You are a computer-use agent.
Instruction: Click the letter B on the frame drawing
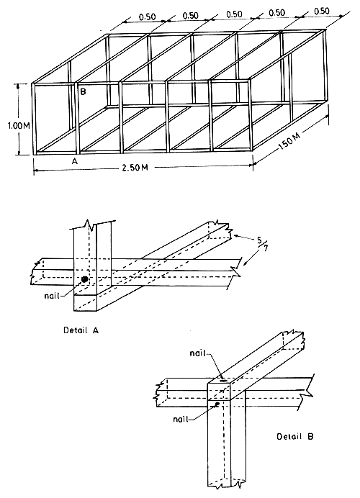pos(84,93)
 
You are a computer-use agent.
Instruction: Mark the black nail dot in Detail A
pos(84,279)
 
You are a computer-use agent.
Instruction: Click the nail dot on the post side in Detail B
pos(217,404)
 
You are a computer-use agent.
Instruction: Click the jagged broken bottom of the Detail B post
pos(225,486)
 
